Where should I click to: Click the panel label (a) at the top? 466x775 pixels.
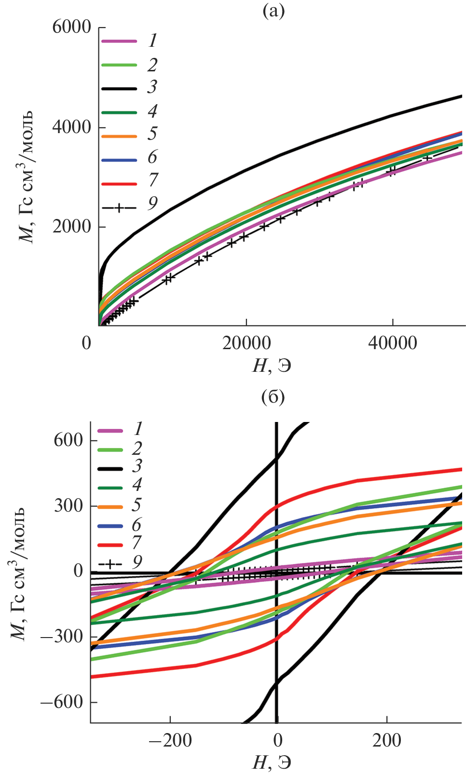(x=273, y=11)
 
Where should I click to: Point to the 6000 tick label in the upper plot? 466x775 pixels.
(x=71, y=27)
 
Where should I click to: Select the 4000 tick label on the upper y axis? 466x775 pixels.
(x=71, y=127)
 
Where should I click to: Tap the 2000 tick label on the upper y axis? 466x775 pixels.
(x=71, y=227)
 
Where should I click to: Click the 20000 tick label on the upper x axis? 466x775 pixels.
(x=246, y=343)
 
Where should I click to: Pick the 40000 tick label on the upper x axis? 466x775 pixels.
(x=393, y=343)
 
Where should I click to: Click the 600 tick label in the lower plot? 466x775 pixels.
(x=69, y=440)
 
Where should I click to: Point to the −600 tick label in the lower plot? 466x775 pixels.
(x=62, y=702)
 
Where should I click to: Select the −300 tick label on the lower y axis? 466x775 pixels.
(x=62, y=637)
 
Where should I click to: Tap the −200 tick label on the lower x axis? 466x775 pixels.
(x=170, y=740)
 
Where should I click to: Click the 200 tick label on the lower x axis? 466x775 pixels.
(x=386, y=740)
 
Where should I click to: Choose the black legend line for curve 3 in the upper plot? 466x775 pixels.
(x=119, y=88)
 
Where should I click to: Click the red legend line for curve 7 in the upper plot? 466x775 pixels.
(x=119, y=184)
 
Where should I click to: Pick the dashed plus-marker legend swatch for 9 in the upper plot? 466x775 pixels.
(x=119, y=207)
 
